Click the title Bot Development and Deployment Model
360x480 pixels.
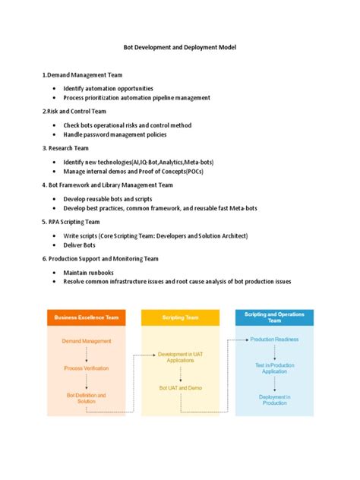tap(180, 47)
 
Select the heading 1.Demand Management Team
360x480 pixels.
tap(83, 75)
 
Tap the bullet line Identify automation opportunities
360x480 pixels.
tap(108, 88)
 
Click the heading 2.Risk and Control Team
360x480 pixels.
tap(74, 111)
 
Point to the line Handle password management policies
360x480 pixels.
tap(115, 134)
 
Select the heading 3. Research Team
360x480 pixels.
tap(67, 148)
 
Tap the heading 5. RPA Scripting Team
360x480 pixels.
tap(71, 222)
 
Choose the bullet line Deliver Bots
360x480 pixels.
tap(80, 245)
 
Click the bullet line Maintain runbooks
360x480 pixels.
tap(90, 271)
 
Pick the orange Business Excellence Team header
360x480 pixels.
tap(86, 318)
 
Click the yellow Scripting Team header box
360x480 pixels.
tap(180, 318)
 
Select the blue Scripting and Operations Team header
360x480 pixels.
tap(274, 317)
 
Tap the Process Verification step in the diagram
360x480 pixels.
tap(86, 368)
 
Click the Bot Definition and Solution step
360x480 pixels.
tap(86, 398)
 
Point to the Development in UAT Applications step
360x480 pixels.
tap(180, 357)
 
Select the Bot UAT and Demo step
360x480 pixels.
tap(180, 387)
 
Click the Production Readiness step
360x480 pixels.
tap(274, 339)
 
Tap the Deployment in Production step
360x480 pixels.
tap(274, 399)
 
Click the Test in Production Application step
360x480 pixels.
tap(274, 368)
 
